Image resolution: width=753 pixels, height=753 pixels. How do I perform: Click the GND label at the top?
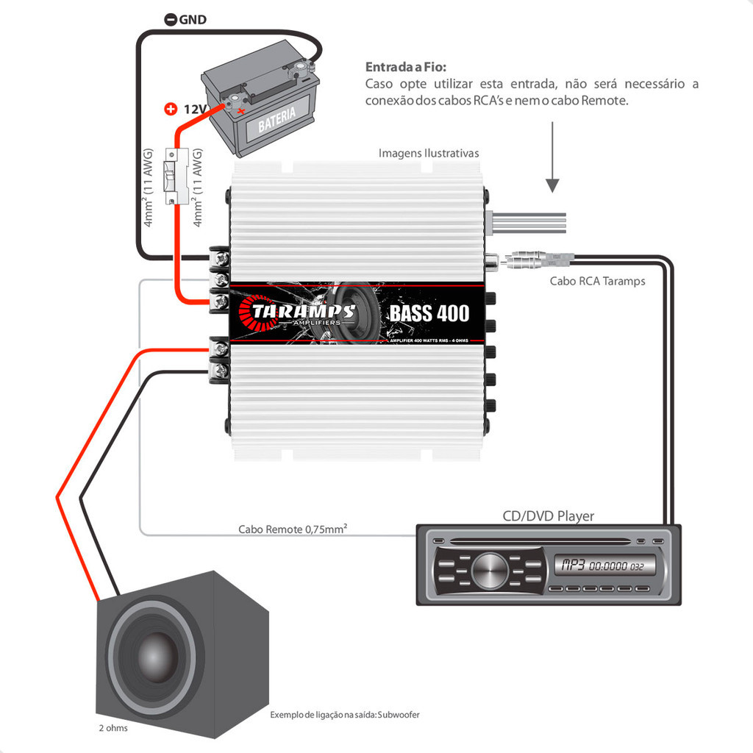(193, 20)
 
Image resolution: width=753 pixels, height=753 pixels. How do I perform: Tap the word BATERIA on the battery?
(276, 117)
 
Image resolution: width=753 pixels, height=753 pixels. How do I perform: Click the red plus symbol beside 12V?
(171, 110)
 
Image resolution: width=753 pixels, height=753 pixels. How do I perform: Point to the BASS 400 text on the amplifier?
(429, 313)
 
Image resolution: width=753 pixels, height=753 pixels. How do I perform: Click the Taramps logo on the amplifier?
(302, 313)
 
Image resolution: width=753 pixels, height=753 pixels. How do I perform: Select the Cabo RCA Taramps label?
(597, 281)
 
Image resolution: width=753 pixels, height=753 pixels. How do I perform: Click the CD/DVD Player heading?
(548, 515)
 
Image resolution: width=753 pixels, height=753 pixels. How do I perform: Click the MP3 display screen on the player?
(598, 566)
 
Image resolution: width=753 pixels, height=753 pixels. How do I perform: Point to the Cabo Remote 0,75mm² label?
(293, 529)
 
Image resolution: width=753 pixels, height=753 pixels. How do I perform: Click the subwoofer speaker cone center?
(156, 652)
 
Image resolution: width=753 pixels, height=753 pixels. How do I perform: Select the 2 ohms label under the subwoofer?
(113, 728)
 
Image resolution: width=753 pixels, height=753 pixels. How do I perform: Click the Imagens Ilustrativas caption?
(429, 153)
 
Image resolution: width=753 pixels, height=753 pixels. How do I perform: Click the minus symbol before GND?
(170, 20)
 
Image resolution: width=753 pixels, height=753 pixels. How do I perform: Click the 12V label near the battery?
(193, 110)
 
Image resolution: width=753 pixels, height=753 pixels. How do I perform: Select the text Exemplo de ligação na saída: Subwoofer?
(345, 715)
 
